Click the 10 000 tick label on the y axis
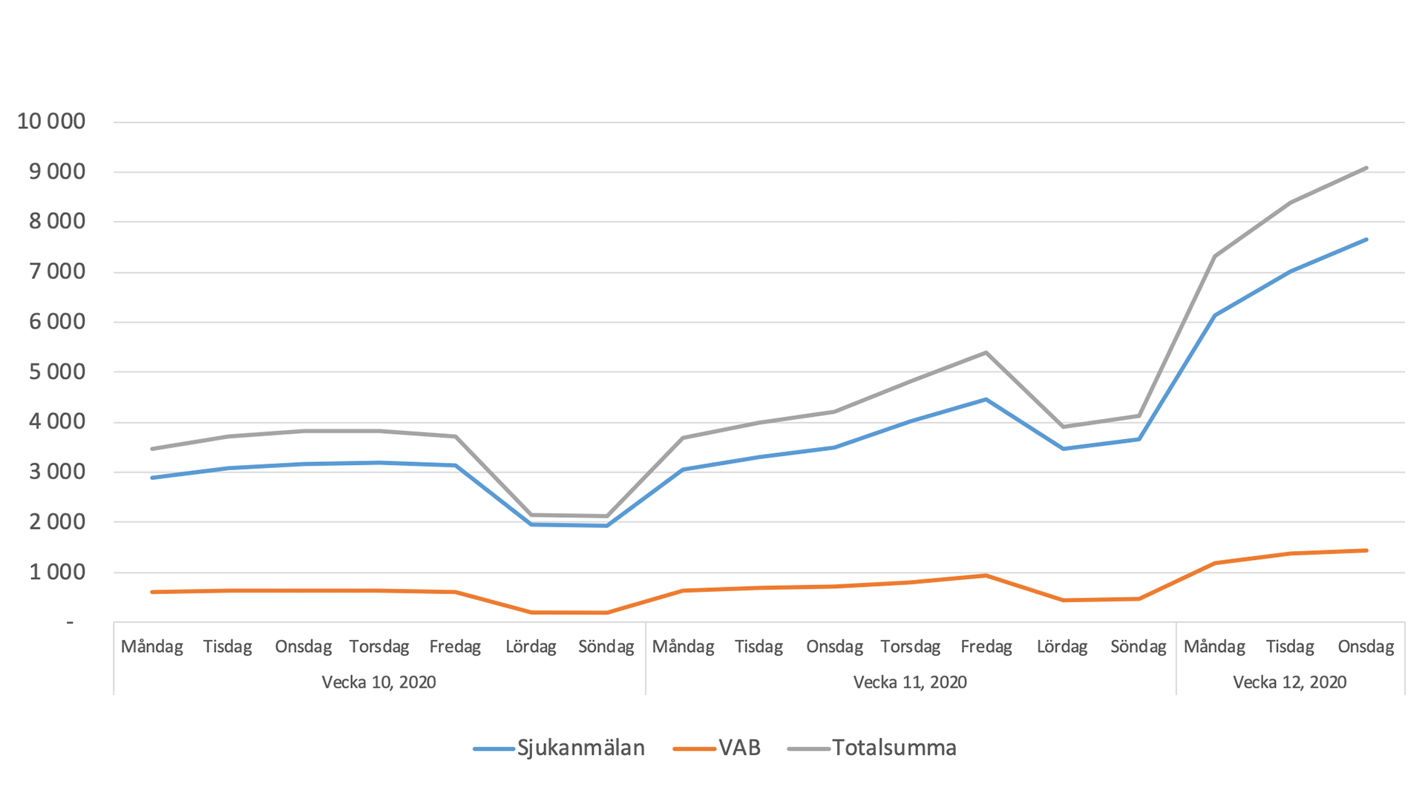click(51, 122)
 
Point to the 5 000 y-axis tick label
click(57, 372)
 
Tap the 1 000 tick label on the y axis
click(57, 572)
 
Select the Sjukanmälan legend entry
click(580, 748)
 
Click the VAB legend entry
click(739, 748)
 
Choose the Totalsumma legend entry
click(894, 748)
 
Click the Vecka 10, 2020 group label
click(379, 682)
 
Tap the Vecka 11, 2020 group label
click(910, 682)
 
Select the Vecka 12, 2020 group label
click(1289, 682)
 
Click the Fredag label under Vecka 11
click(986, 647)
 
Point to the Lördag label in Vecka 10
click(531, 647)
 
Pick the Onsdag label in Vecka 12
click(1366, 647)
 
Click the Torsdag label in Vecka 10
click(379, 647)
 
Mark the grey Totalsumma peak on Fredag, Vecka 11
click(986, 352)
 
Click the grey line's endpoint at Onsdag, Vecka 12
click(1366, 168)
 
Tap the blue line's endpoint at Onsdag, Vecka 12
click(1366, 240)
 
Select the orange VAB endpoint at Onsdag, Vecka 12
click(1366, 550)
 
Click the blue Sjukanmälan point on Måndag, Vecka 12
click(1214, 316)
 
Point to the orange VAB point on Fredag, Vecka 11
click(986, 576)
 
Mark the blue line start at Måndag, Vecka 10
click(152, 478)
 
